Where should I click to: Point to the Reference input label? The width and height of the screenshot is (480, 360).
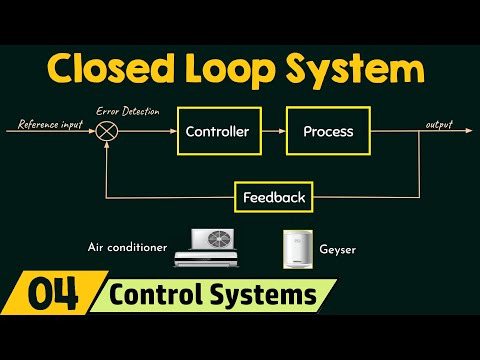(x=50, y=124)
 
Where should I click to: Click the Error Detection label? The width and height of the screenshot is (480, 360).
(x=128, y=111)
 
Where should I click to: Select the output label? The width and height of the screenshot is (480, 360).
(x=439, y=125)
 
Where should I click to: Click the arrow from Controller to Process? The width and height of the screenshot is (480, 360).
(x=274, y=131)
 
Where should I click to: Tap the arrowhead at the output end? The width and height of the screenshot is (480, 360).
(x=469, y=131)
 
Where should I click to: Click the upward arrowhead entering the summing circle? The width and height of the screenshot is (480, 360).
(x=107, y=144)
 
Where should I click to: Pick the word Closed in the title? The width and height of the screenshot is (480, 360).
(x=111, y=68)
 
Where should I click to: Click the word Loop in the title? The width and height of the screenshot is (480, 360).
(x=230, y=71)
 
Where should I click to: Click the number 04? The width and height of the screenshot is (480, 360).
(x=53, y=294)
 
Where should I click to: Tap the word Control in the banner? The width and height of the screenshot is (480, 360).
(x=156, y=294)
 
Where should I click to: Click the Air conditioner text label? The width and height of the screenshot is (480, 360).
(x=127, y=247)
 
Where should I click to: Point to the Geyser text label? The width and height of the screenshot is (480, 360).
(x=337, y=250)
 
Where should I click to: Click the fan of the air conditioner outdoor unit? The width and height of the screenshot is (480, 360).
(x=219, y=239)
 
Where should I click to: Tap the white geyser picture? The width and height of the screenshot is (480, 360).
(x=298, y=249)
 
